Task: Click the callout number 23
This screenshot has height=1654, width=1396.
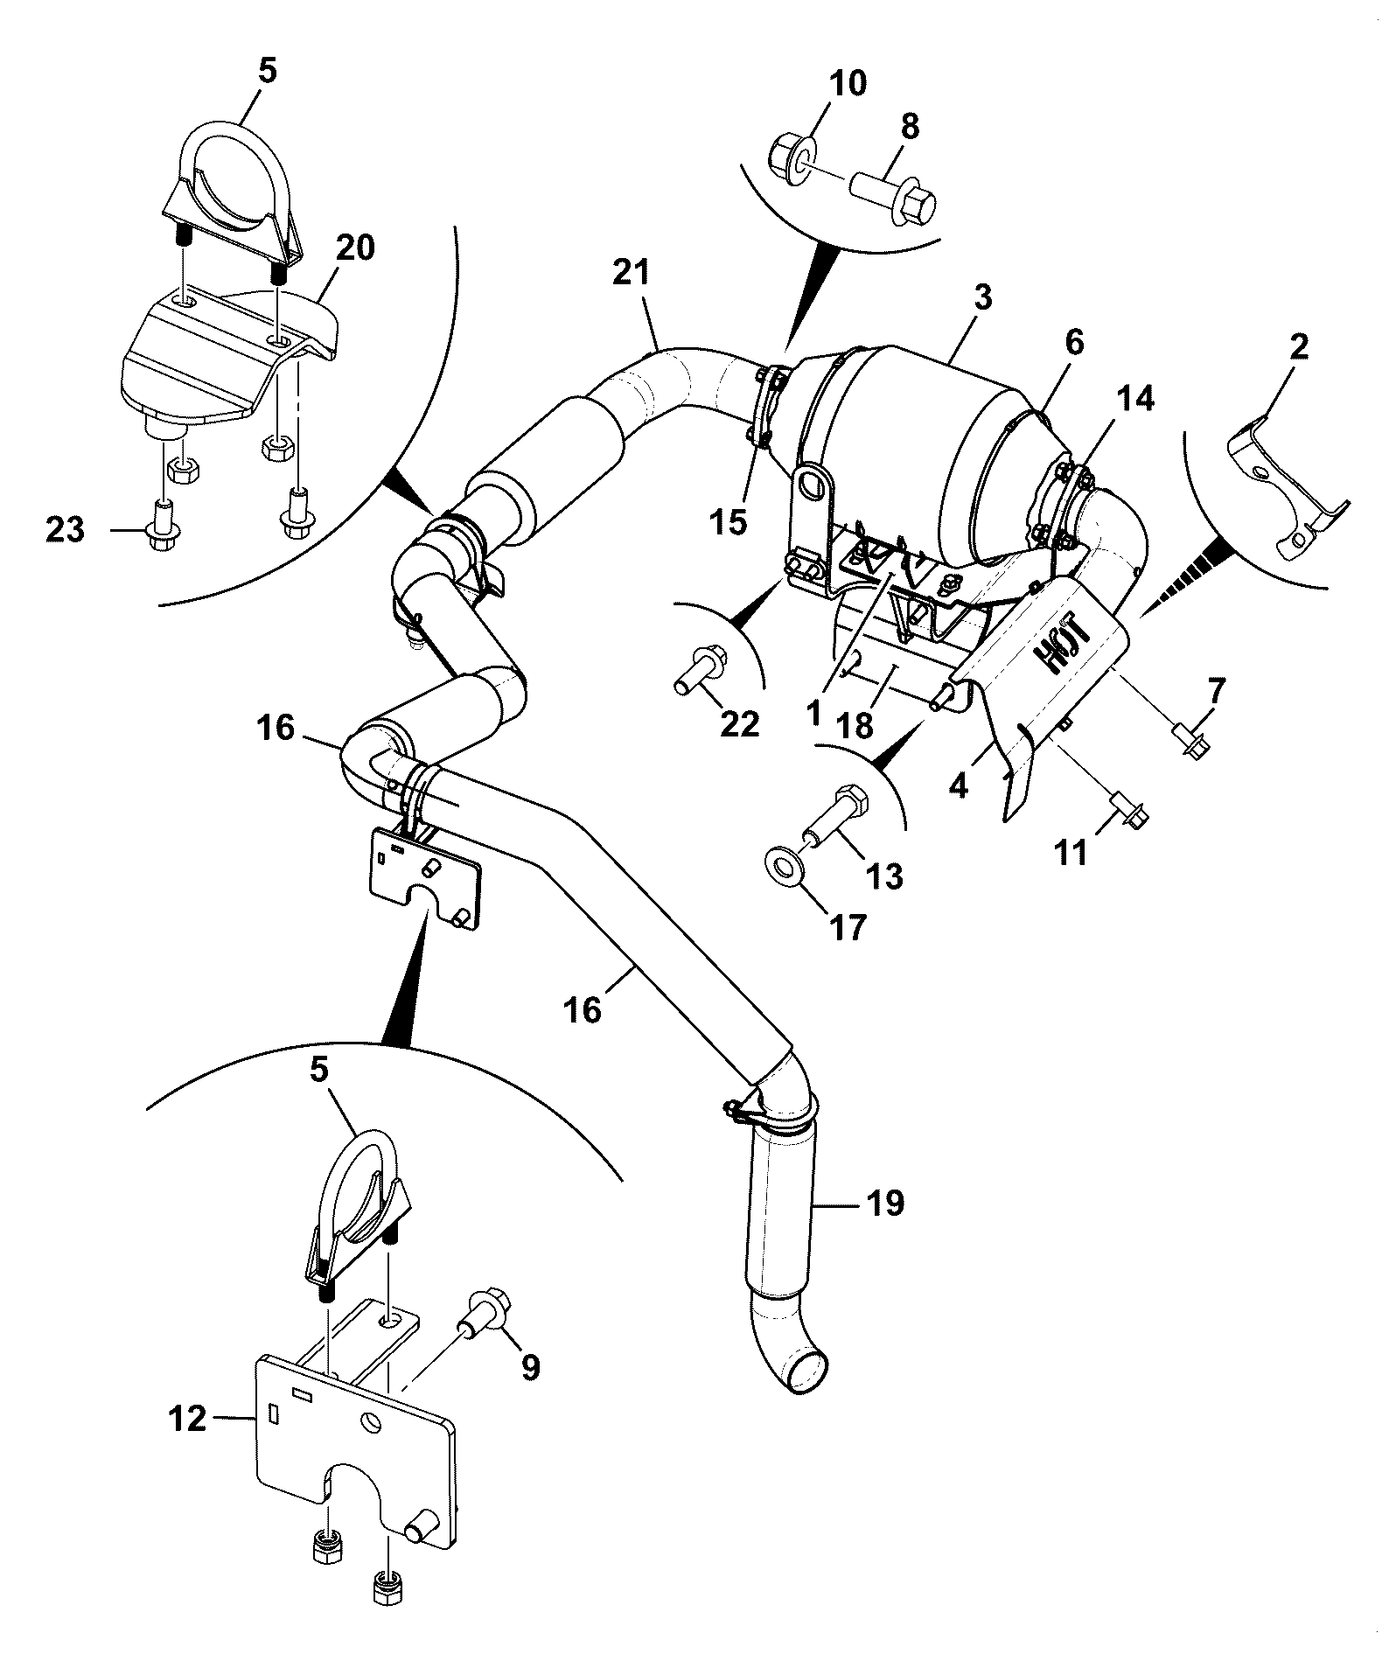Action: [x=66, y=529]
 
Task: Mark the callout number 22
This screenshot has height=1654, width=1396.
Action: [x=739, y=723]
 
